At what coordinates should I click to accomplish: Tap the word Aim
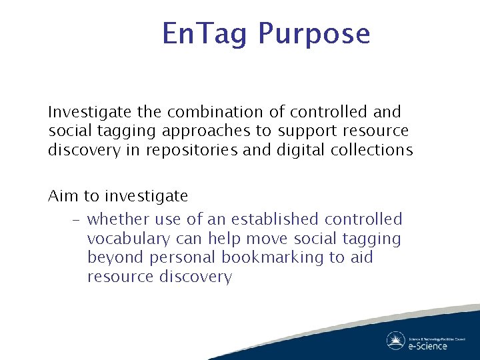63,196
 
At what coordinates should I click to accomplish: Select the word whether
119,219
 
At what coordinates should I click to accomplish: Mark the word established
278,219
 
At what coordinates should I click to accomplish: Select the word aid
361,258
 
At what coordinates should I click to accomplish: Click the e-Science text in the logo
427,346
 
